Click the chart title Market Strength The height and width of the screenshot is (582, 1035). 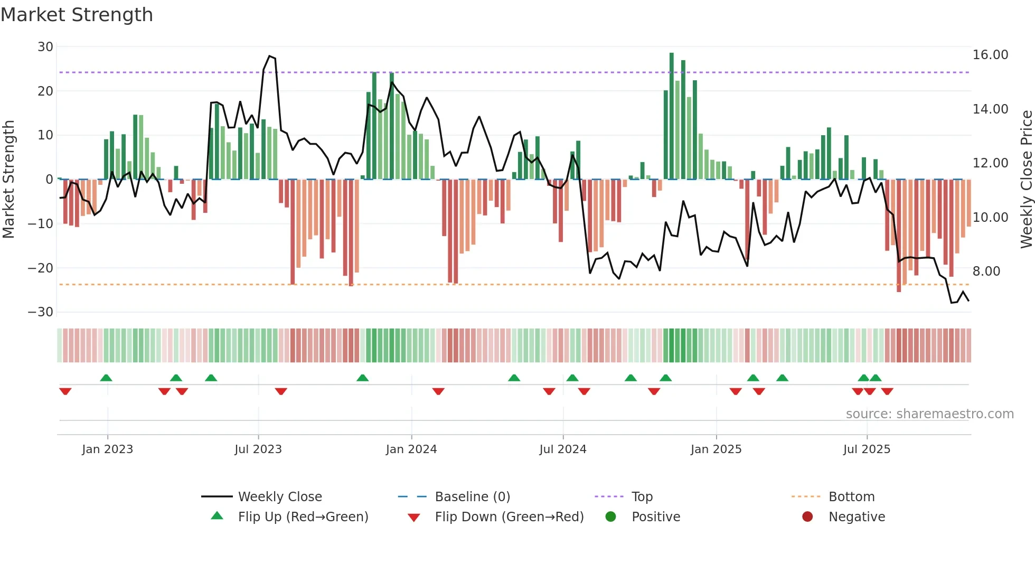point(77,15)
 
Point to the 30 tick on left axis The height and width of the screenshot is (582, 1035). point(45,47)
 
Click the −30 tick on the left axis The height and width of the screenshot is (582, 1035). point(41,312)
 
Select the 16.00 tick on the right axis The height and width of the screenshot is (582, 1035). point(990,55)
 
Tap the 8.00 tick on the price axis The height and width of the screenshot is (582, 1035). point(986,271)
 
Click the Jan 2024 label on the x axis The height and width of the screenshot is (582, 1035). point(411,449)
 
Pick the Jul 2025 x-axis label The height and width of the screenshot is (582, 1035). point(867,449)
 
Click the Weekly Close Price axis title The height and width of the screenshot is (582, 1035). point(1026,180)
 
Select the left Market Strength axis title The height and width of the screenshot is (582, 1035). point(9,180)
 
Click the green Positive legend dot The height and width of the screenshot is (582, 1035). point(611,517)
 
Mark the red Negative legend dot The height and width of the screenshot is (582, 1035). point(807,517)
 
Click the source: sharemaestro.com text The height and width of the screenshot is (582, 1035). point(929,414)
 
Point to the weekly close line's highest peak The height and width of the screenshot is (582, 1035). point(269,56)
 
